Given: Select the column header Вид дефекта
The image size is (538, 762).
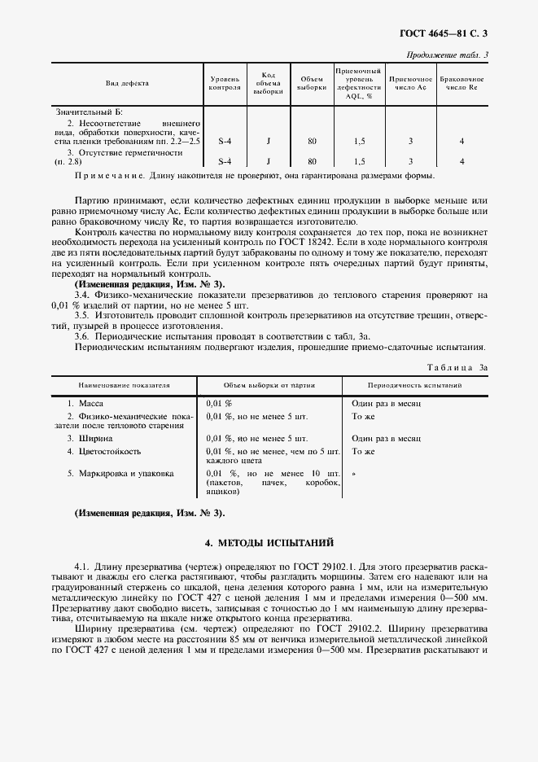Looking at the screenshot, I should pyautogui.click(x=126, y=84).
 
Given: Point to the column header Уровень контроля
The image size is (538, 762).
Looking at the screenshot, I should pyautogui.click(x=225, y=84).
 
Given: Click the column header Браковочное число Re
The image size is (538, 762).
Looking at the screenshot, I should pyautogui.click(x=461, y=84).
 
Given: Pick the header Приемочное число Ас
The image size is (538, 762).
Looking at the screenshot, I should pyautogui.click(x=410, y=84).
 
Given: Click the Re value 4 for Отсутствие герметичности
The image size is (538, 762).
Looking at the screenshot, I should pyautogui.click(x=461, y=161).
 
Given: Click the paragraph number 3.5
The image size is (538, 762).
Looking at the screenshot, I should pyautogui.click(x=81, y=313).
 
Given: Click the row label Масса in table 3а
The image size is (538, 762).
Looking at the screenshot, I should pyautogui.click(x=90, y=403).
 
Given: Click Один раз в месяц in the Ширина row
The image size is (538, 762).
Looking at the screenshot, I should pyautogui.click(x=386, y=438).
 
